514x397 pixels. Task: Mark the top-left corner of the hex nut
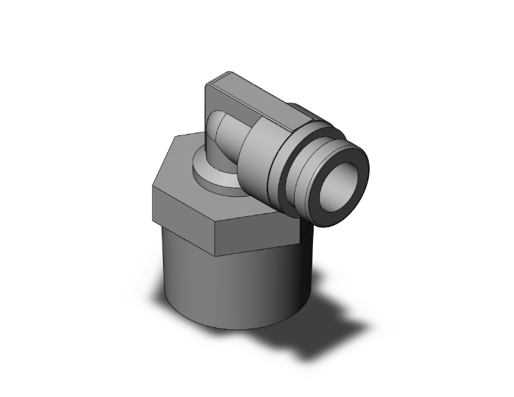(x=173, y=136)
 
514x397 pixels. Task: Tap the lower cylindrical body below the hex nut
(x=228, y=283)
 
